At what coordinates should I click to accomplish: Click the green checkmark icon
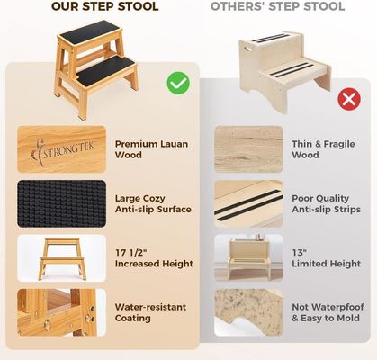tap(178, 84)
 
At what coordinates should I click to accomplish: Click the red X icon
tap(348, 99)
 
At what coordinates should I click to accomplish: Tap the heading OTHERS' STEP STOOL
tap(277, 7)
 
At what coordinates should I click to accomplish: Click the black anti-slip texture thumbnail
tap(61, 203)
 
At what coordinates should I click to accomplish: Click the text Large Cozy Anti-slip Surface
tap(153, 203)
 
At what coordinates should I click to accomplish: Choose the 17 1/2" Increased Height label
tap(154, 257)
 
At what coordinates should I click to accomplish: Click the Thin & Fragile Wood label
tap(318, 149)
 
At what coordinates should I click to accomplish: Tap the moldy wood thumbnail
tap(248, 311)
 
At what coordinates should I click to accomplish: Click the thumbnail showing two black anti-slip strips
tap(248, 203)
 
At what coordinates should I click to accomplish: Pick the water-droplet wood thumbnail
tap(61, 311)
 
